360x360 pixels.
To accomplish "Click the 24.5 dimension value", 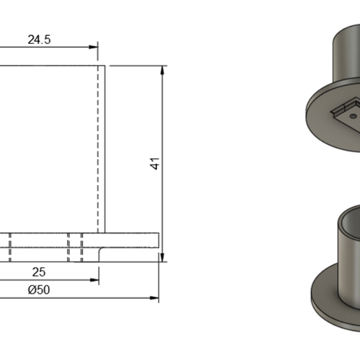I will [38, 40].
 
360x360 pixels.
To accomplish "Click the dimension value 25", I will [39, 271].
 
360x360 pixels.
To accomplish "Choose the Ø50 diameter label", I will [38, 290].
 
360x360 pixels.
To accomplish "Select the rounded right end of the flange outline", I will [158, 240].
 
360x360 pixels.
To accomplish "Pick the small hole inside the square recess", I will [354, 110].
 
